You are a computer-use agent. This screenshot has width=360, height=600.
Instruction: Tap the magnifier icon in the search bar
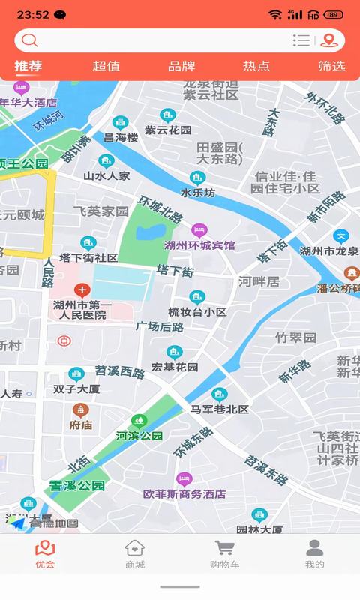pyautogui.click(x=29, y=40)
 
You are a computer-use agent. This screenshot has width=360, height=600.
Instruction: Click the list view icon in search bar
pyautogui.click(x=301, y=40)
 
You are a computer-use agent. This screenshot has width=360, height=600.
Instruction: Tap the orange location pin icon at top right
pyautogui.click(x=328, y=40)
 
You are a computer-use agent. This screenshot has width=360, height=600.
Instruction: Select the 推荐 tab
pyautogui.click(x=28, y=66)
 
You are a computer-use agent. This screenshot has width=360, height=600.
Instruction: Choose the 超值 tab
pyautogui.click(x=106, y=66)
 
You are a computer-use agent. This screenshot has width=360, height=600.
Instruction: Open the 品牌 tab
pyautogui.click(x=181, y=66)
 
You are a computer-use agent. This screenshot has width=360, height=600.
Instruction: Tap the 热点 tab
pyautogui.click(x=256, y=66)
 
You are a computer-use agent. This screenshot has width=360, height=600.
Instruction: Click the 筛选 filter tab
pyautogui.click(x=331, y=66)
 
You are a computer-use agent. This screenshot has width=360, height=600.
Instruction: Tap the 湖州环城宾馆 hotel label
pyautogui.click(x=199, y=244)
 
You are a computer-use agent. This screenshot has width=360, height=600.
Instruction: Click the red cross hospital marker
pyautogui.click(x=82, y=289)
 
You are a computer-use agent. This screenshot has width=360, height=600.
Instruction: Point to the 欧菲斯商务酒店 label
pyautogui.click(x=184, y=494)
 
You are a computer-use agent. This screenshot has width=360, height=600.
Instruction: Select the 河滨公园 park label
pyautogui.click(x=139, y=435)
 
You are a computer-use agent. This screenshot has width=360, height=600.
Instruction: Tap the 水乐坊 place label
pyautogui.click(x=198, y=193)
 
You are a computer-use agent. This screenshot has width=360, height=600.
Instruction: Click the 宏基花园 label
pyautogui.click(x=175, y=367)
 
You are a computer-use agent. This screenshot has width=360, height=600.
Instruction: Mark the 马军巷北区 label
pyautogui.click(x=219, y=409)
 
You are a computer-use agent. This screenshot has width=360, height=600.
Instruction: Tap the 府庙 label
pyautogui.click(x=81, y=424)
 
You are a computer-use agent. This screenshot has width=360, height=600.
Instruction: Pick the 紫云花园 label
pyautogui.click(x=168, y=129)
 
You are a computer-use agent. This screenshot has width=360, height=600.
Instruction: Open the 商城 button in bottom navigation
pyautogui.click(x=135, y=554)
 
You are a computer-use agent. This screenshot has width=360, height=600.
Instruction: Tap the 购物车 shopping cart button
pyautogui.click(x=224, y=554)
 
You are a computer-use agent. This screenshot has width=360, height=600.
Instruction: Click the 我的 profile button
pyautogui.click(x=315, y=554)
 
